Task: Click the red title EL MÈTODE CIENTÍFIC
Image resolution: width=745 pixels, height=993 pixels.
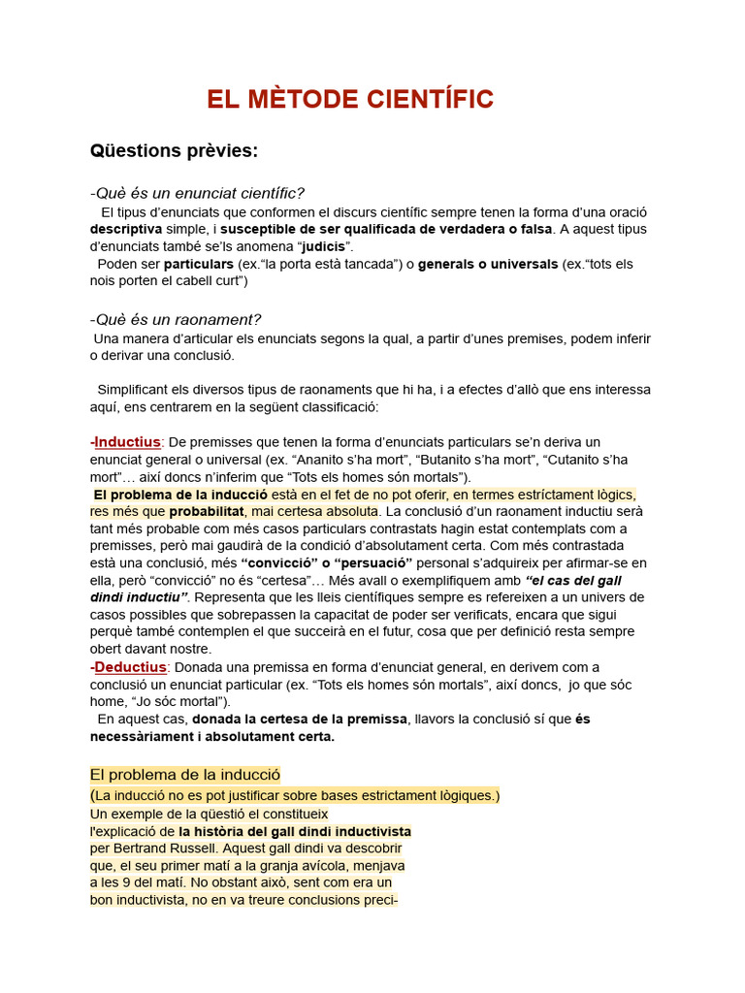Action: (x=350, y=99)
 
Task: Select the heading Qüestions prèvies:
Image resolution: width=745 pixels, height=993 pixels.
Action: (x=174, y=150)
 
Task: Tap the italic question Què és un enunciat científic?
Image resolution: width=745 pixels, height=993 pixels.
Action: (x=197, y=193)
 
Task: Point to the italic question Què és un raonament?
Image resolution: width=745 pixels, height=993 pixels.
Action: (x=176, y=319)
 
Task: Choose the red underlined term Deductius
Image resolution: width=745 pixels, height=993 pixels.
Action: (x=128, y=667)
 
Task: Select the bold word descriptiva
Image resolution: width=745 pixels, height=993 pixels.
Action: (x=126, y=229)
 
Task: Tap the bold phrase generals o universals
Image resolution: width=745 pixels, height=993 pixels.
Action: (x=488, y=264)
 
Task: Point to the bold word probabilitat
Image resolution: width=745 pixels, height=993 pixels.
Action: (x=206, y=511)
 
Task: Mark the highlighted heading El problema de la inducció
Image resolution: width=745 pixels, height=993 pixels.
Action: (x=184, y=775)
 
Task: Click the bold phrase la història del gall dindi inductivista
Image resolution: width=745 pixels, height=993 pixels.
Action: (x=295, y=831)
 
